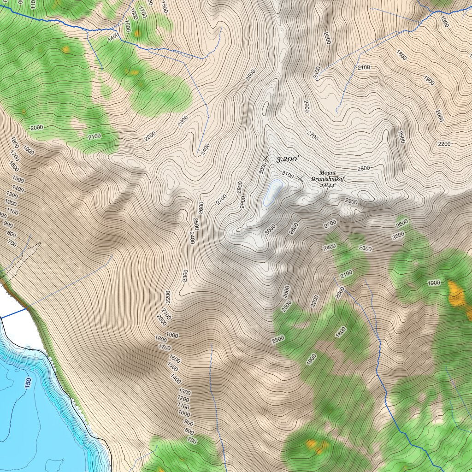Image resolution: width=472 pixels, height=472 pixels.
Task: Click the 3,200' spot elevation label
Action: click(x=288, y=159)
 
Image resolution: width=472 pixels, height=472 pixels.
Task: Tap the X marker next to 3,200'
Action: click(x=265, y=159)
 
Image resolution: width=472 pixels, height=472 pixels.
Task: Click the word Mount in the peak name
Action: click(x=327, y=173)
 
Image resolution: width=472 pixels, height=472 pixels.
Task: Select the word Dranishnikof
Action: click(x=327, y=179)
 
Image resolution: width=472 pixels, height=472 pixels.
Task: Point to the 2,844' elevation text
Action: click(x=327, y=185)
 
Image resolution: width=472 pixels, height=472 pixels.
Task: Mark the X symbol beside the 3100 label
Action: click(x=301, y=178)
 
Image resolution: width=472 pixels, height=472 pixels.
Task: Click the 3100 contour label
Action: click(x=287, y=175)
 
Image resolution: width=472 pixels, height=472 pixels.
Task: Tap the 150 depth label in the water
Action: click(x=28, y=383)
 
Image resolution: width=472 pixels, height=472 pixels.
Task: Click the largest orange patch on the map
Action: click(x=456, y=294)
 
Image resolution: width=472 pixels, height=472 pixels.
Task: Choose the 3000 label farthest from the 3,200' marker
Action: click(x=270, y=230)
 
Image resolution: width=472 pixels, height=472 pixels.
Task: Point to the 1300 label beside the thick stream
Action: click(x=444, y=21)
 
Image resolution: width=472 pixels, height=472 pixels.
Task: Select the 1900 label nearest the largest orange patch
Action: click(x=434, y=283)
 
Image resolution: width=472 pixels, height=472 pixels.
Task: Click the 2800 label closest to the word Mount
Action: click(x=363, y=168)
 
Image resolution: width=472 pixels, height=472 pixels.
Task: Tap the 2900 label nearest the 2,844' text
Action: click(x=351, y=202)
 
